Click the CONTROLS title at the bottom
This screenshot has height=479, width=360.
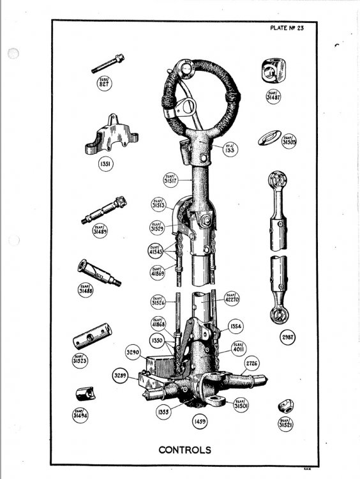184,450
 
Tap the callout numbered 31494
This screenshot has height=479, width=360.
80,414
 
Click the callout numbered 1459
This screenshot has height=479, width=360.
199,422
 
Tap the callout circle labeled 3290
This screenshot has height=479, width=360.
133,351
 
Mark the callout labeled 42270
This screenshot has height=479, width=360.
231,298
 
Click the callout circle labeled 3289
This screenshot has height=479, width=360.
120,375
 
